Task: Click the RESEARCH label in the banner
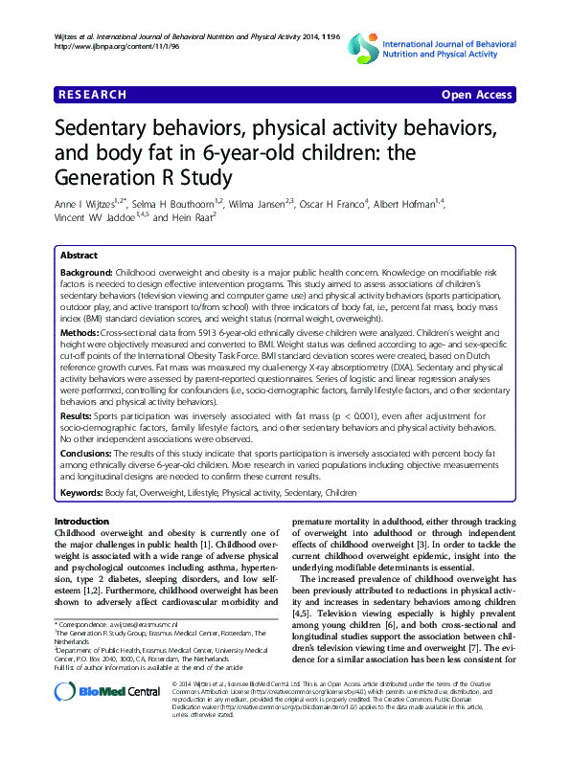tap(91, 95)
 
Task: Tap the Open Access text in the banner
tap(477, 95)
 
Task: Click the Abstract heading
tap(79, 257)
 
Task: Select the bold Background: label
tap(87, 274)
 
